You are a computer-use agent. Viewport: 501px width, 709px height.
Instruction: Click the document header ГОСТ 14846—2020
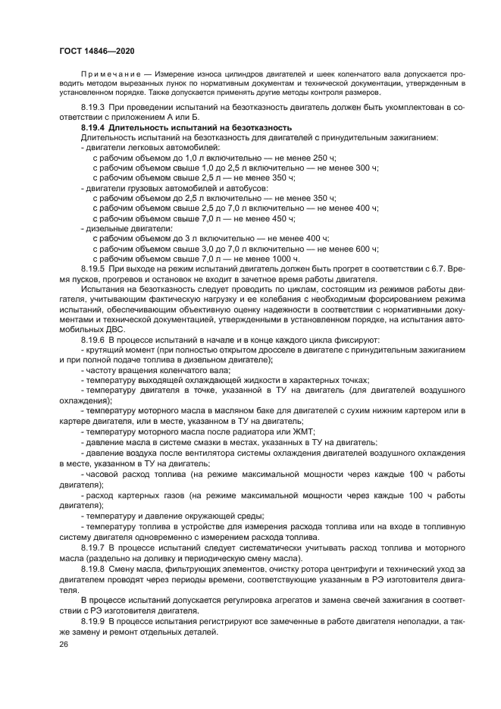tap(92, 49)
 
